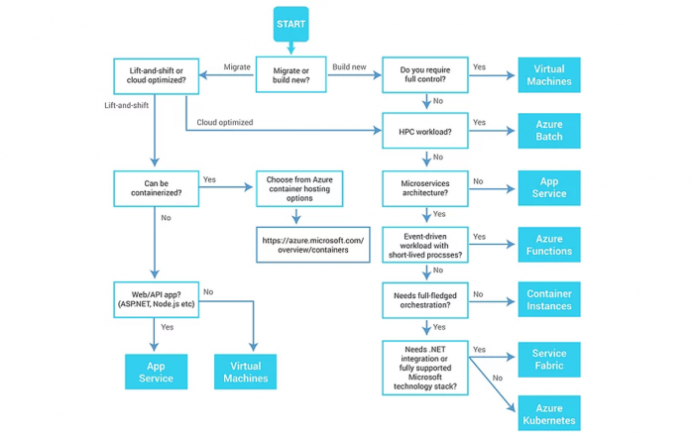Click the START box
290,24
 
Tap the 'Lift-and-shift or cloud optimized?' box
157,77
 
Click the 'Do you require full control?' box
425,76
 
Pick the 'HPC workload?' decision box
425,131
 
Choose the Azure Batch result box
548,131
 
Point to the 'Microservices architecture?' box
425,188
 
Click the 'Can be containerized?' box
157,188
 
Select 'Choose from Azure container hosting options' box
298,188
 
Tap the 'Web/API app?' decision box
157,299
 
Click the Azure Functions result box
548,245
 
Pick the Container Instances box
548,300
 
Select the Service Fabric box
548,359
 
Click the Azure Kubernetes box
548,414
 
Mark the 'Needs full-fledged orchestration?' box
425,300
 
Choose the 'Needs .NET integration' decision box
425,368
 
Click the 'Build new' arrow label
349,67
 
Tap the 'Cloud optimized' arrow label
224,123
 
